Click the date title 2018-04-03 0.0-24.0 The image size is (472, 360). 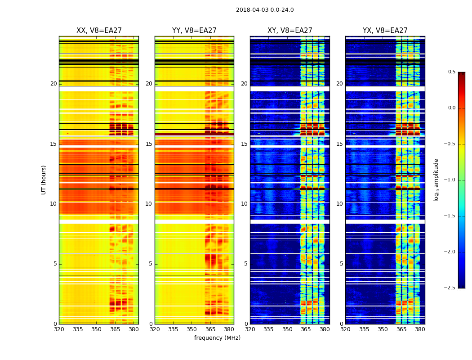click(x=265, y=10)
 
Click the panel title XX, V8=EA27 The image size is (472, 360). click(x=99, y=31)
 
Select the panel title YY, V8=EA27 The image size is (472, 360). click(x=194, y=31)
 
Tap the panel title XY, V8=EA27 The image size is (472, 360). click(x=290, y=31)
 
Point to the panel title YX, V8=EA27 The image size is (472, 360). click(x=385, y=31)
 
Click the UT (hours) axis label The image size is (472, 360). click(x=44, y=180)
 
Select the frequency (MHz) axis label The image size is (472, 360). click(x=217, y=338)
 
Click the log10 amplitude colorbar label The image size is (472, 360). click(x=436, y=180)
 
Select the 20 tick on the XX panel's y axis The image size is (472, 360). click(x=53, y=84)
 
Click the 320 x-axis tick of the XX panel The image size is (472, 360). click(x=59, y=329)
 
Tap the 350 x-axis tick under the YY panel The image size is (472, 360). click(x=192, y=329)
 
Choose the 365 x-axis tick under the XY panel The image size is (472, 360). click(x=306, y=329)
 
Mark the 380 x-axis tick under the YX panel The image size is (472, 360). click(x=420, y=329)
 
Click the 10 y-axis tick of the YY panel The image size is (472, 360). click(x=149, y=204)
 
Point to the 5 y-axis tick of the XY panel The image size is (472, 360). click(x=245, y=264)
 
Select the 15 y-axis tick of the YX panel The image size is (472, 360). click(x=340, y=144)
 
